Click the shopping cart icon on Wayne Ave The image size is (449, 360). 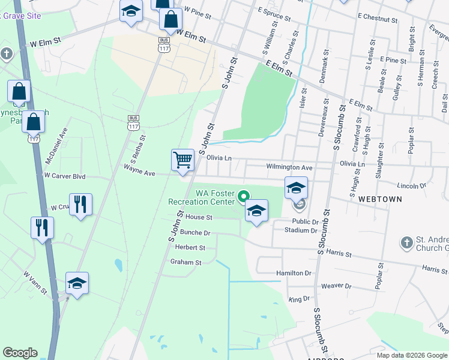[x=182, y=160]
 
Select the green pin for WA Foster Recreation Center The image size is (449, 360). [x=244, y=196]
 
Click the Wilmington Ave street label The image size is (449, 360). [x=289, y=167]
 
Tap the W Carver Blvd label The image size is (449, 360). [x=65, y=176]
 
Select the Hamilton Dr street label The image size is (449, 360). [x=294, y=273]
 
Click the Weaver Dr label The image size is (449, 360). [x=336, y=286]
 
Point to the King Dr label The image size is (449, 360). [x=298, y=299]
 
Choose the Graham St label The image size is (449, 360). [x=185, y=262]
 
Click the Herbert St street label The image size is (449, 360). [x=190, y=247]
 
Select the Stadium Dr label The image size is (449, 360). [x=301, y=230]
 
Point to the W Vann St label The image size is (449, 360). [x=35, y=283]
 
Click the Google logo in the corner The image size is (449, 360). [x=20, y=353]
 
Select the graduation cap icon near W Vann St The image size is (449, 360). [x=77, y=283]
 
